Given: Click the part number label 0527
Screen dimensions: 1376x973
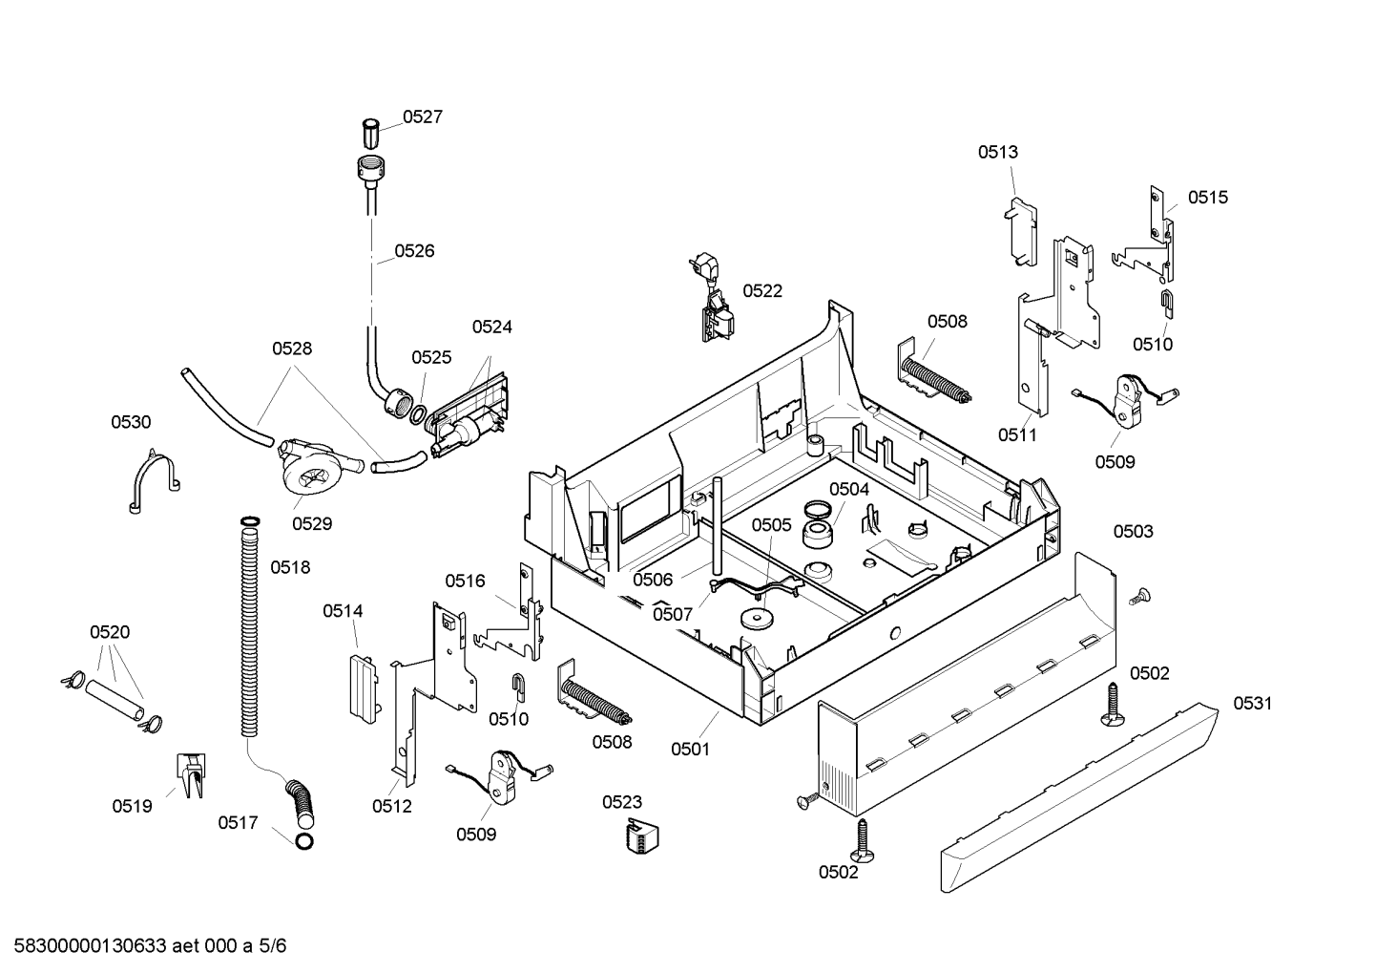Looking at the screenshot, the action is (x=423, y=116).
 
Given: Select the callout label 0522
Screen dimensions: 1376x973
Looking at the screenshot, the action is (x=762, y=290).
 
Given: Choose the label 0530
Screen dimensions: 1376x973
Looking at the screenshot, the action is (x=131, y=422).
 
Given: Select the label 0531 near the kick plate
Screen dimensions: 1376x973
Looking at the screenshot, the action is (x=1253, y=703).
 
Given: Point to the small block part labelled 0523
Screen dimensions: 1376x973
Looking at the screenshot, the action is (x=642, y=836).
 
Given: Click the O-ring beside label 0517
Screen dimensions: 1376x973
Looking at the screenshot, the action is (x=304, y=841).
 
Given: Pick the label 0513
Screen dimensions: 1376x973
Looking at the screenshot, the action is (x=997, y=152).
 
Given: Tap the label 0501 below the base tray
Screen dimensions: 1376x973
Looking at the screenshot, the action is (x=690, y=749).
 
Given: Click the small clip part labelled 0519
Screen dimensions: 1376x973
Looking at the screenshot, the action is (x=191, y=775).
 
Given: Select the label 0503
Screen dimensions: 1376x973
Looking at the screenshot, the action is (x=1134, y=531).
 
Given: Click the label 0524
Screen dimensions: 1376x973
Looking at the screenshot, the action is (x=492, y=327).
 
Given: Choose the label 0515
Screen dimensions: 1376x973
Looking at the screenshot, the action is (x=1208, y=198).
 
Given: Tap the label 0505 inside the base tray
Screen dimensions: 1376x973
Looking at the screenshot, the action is (x=772, y=525).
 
